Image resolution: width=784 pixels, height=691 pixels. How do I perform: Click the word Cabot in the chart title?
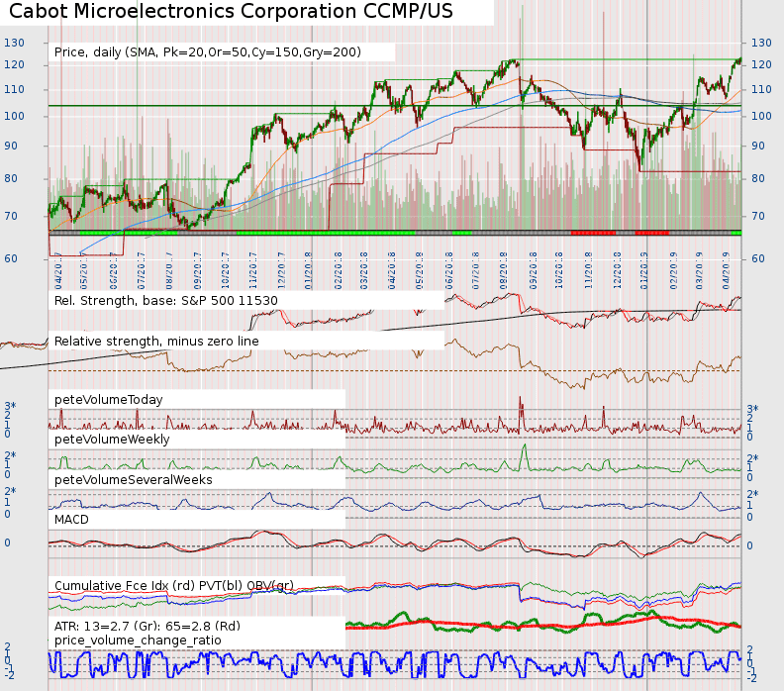[x=40, y=13]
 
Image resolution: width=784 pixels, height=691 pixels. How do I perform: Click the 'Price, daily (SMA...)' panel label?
[x=207, y=51]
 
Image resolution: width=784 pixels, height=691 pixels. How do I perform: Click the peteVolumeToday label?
[x=109, y=399]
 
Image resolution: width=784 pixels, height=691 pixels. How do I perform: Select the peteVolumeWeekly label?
[x=112, y=439]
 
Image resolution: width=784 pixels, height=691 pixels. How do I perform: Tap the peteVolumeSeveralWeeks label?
[x=134, y=479]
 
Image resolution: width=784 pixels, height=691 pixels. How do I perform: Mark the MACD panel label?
[x=72, y=519]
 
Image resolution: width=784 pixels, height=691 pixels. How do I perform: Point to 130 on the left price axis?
[x=14, y=43]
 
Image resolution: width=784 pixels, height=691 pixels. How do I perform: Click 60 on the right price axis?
[x=760, y=258]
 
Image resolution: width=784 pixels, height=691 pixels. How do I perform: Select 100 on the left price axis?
[x=14, y=117]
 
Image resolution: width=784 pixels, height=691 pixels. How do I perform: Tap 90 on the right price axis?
[x=760, y=147]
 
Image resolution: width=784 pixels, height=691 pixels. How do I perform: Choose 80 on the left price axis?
[x=14, y=179]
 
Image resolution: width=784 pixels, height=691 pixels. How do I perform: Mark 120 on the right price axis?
[x=761, y=65]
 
